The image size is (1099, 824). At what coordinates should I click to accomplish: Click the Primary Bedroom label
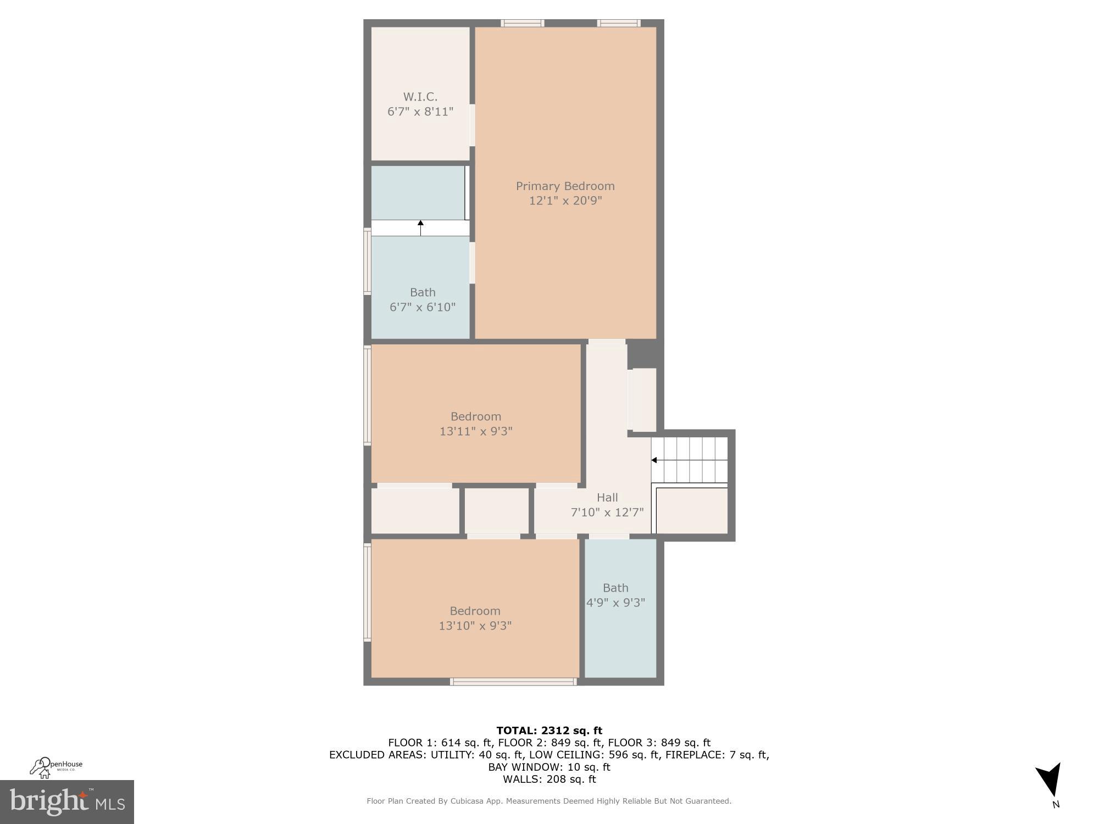coord(565,186)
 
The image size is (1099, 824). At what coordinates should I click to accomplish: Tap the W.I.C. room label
coord(420,97)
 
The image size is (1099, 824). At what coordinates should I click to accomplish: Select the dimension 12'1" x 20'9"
coord(565,201)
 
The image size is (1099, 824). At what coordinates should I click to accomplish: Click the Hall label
coord(607,498)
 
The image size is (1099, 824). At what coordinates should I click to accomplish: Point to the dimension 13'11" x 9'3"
coord(476,431)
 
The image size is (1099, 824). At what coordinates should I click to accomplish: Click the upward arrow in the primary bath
coord(421,224)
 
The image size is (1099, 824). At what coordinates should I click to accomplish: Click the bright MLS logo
coord(67,802)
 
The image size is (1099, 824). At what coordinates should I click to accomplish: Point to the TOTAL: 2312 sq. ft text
coord(549,731)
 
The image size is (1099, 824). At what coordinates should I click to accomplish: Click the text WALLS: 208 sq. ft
coord(549,779)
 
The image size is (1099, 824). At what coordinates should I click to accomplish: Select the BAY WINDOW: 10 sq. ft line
coord(549,767)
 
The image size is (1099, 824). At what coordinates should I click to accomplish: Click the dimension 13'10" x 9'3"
coord(475,626)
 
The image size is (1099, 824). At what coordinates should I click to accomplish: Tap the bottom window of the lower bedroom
coord(513,682)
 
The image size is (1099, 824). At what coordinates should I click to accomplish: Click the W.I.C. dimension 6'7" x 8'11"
coord(420,112)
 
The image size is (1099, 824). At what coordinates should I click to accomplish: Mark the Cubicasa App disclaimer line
coord(549,801)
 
